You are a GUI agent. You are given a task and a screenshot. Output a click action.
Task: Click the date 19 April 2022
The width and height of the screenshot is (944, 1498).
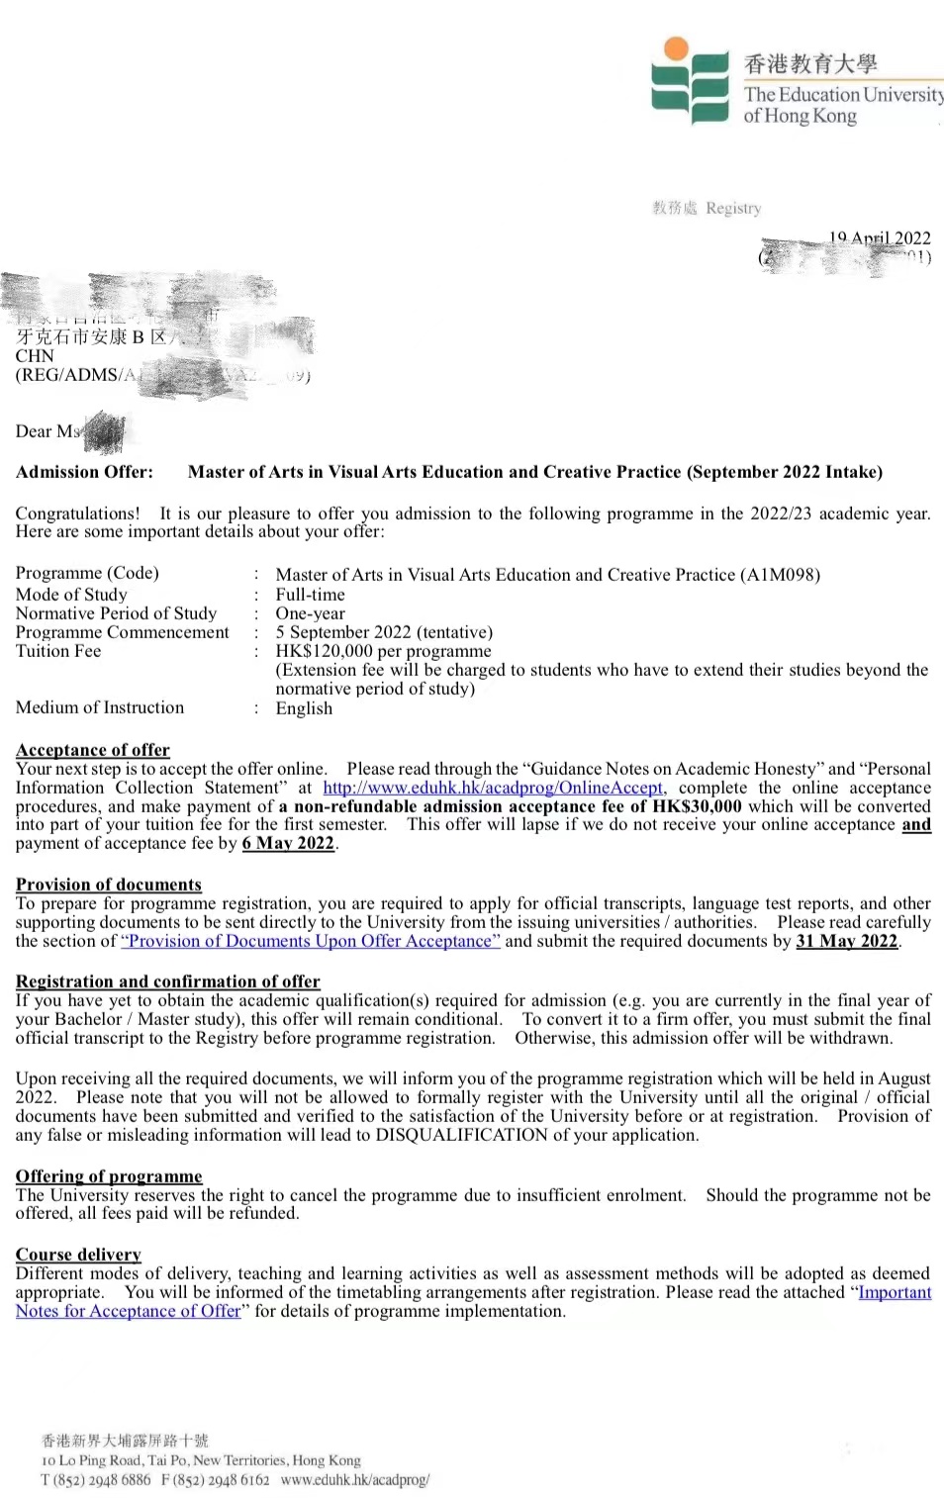[880, 237]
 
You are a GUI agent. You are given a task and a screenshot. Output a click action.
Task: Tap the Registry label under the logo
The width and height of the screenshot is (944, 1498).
[733, 208]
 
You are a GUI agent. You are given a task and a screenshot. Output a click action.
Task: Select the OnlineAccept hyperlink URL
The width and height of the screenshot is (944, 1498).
[493, 788]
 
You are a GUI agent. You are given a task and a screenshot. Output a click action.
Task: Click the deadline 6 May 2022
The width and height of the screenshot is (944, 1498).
[288, 843]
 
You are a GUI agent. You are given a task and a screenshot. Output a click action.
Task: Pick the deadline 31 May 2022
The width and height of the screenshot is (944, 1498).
[847, 941]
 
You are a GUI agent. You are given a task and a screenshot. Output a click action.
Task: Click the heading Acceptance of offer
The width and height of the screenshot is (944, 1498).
[93, 750]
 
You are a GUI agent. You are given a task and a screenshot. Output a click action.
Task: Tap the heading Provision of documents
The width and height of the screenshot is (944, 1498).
[109, 885]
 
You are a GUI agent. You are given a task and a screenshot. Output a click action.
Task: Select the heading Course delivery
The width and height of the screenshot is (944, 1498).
[78, 1255]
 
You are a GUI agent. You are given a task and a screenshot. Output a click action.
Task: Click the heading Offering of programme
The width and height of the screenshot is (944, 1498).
[109, 1176]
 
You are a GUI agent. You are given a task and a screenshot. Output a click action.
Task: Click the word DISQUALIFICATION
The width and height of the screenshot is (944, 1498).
[461, 1135]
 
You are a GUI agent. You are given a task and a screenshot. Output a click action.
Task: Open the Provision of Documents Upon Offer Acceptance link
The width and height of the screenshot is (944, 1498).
[311, 941]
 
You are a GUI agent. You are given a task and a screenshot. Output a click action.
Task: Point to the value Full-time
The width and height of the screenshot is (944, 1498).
[310, 595]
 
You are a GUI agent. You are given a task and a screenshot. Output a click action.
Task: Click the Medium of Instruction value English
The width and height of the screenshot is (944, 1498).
[304, 708]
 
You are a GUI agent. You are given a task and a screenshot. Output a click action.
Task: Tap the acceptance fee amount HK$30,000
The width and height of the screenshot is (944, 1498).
[697, 806]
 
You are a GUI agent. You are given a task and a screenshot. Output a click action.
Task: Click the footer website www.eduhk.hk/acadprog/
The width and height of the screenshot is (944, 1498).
[354, 1480]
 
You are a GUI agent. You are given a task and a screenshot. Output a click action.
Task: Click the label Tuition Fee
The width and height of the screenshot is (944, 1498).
[58, 651]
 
